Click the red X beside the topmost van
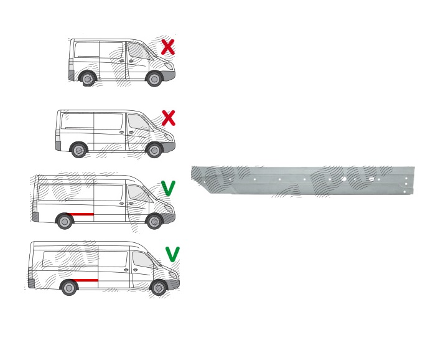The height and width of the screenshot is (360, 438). click(x=167, y=47)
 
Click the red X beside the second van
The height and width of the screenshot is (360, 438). click(x=168, y=118)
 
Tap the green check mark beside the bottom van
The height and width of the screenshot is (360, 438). click(x=172, y=253)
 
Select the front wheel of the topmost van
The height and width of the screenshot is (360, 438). click(x=154, y=79)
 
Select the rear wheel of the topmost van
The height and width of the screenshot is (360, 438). click(x=87, y=79)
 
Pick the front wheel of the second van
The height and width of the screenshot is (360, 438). click(x=154, y=150)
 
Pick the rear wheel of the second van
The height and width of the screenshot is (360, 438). click(x=78, y=150)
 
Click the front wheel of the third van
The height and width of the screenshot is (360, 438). click(x=154, y=221)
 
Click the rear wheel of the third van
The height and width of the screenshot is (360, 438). click(x=64, y=221)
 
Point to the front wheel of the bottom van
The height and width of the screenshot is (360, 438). click(x=159, y=288)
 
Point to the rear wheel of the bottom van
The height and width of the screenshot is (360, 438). click(x=68, y=288)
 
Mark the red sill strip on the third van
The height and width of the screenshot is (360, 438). click(x=83, y=214)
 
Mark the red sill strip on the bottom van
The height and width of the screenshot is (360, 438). click(x=87, y=281)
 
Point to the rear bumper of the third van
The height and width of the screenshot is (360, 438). click(x=35, y=217)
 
